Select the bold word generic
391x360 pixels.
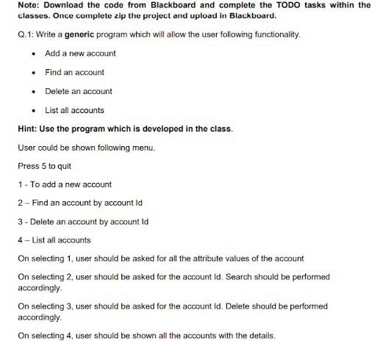(x=87, y=35)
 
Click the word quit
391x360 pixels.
(x=65, y=166)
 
